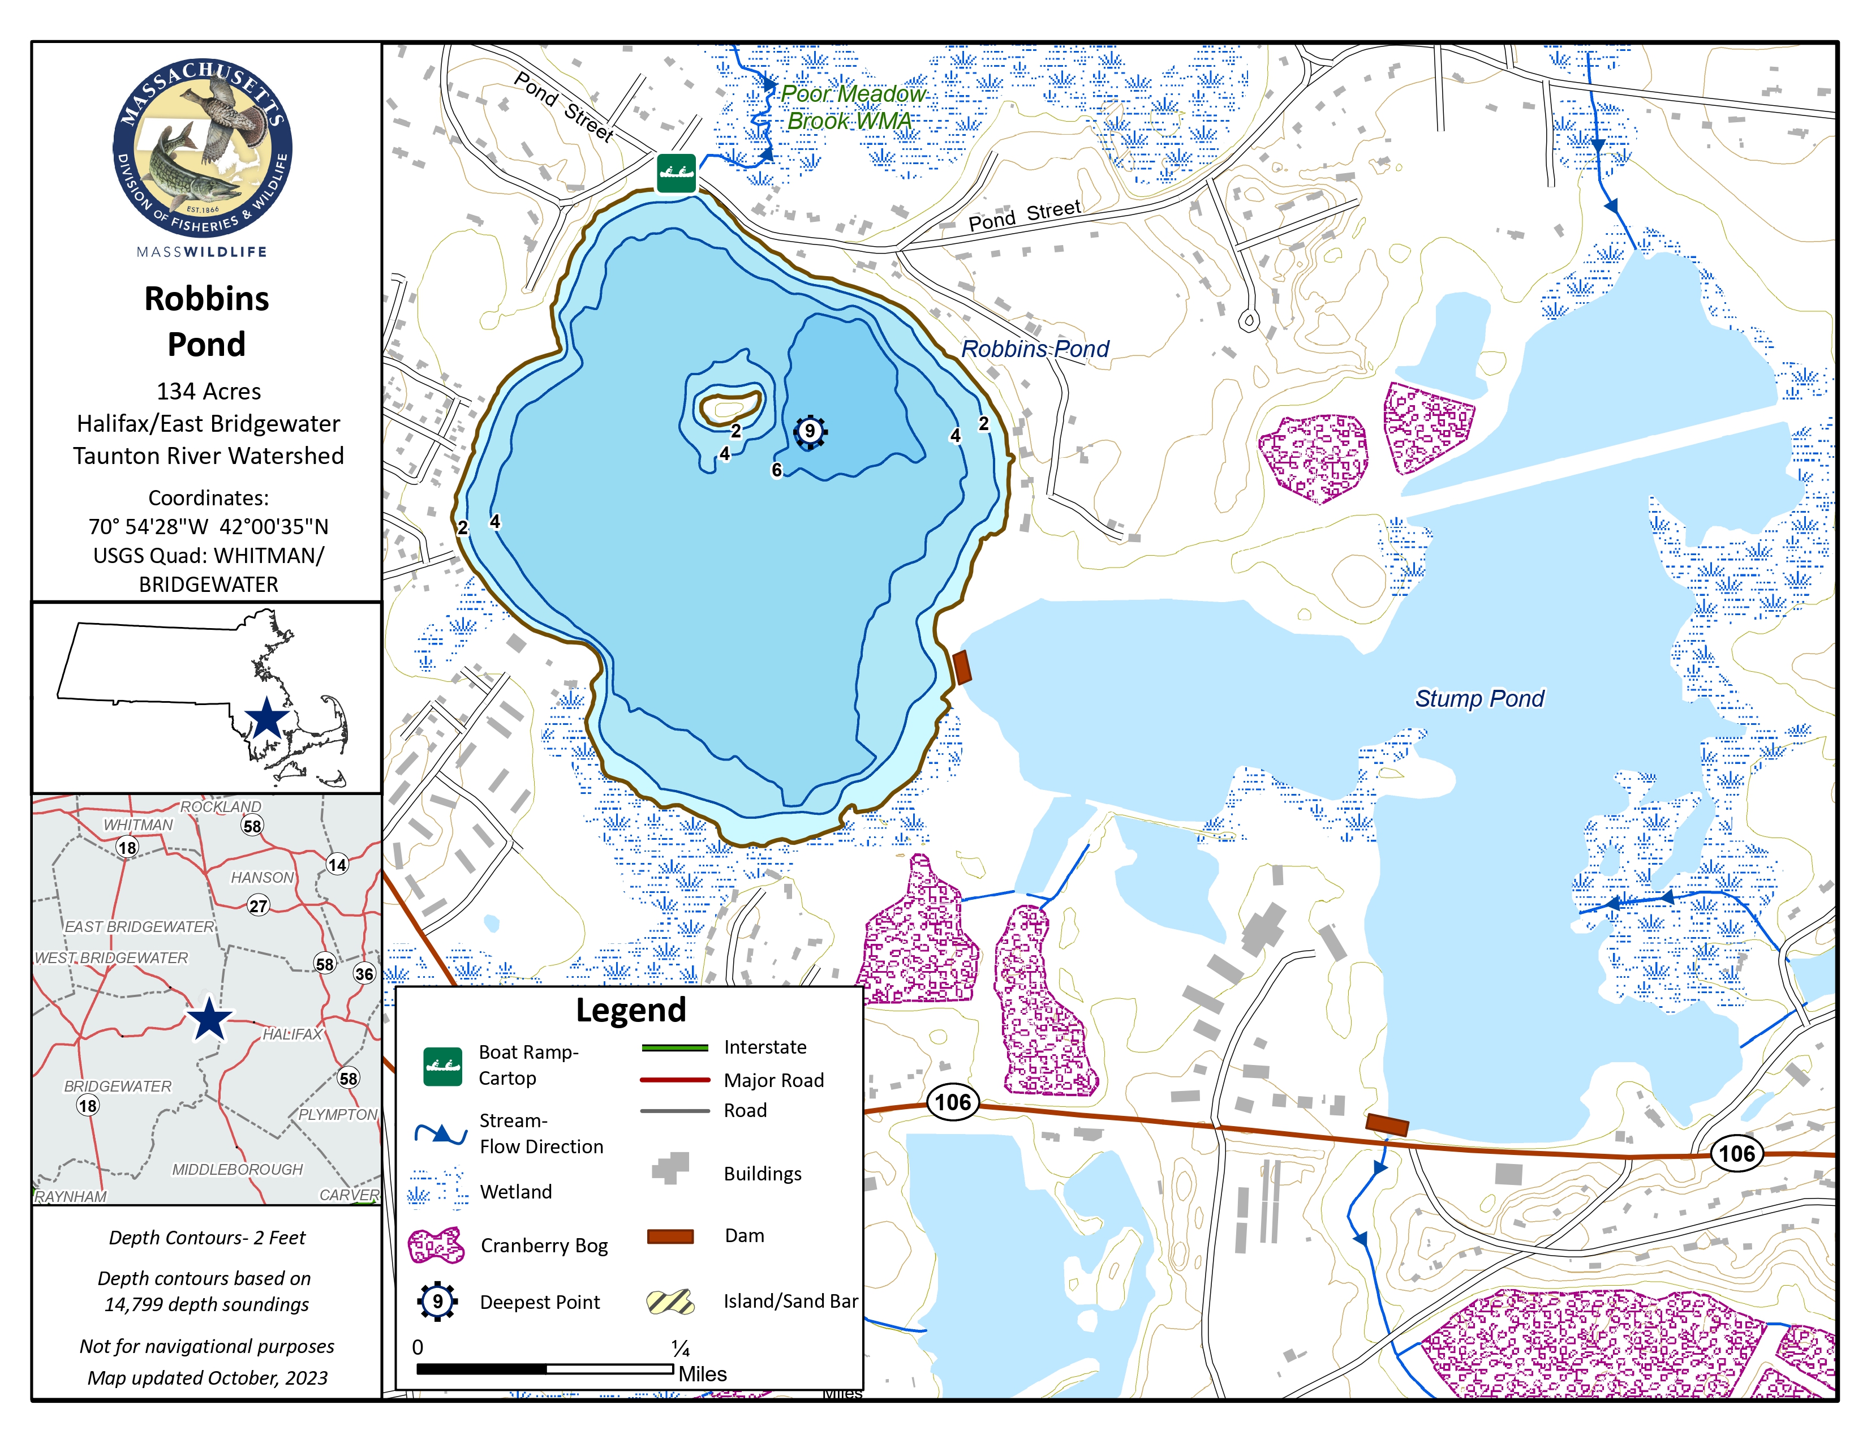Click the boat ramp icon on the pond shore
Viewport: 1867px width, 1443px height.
[676, 174]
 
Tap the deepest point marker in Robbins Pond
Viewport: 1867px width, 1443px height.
[810, 432]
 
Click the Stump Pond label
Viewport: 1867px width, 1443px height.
[1479, 698]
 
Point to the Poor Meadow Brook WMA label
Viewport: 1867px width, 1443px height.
[851, 107]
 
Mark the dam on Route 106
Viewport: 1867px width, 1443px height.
[1386, 1124]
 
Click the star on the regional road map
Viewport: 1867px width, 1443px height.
[209, 1020]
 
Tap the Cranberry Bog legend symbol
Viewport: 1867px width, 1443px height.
[436, 1246]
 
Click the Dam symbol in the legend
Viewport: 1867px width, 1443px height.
[670, 1236]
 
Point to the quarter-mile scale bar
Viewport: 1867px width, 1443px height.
[544, 1369]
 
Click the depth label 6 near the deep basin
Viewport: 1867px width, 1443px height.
[776, 469]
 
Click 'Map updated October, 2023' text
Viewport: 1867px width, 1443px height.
[208, 1378]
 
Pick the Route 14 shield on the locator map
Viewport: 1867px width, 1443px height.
[337, 864]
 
